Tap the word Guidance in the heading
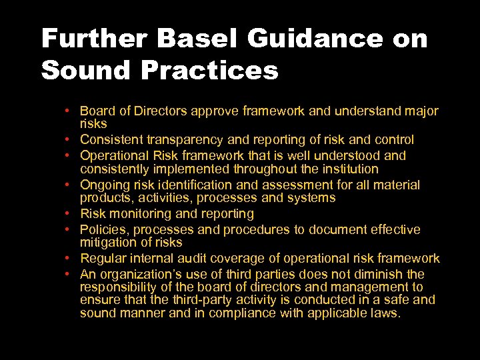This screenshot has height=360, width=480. pos(315,39)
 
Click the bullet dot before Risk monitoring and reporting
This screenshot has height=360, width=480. pos(69,214)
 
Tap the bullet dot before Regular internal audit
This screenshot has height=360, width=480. pos(69,259)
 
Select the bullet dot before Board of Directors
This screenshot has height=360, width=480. pos(69,111)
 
